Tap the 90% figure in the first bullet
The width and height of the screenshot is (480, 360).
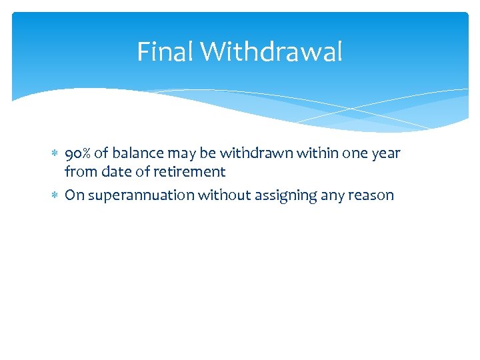79,153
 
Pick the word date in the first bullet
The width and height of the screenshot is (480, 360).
116,172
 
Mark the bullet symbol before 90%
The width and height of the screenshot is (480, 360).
55,154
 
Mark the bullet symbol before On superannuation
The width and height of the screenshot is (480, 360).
55,196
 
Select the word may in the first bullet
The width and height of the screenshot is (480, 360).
177,154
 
